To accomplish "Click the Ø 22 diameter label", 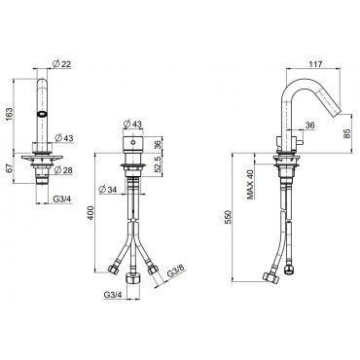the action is pyautogui.click(x=61, y=64).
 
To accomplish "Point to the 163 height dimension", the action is pyautogui.click(x=9, y=114).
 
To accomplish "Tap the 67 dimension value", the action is pyautogui.click(x=9, y=168).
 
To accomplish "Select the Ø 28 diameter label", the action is pyautogui.click(x=63, y=169).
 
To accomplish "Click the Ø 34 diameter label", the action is pyautogui.click(x=107, y=189).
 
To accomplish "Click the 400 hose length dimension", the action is pyautogui.click(x=91, y=213).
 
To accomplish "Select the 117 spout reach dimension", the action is pyautogui.click(x=315, y=64).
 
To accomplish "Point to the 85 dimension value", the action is pyautogui.click(x=346, y=133).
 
